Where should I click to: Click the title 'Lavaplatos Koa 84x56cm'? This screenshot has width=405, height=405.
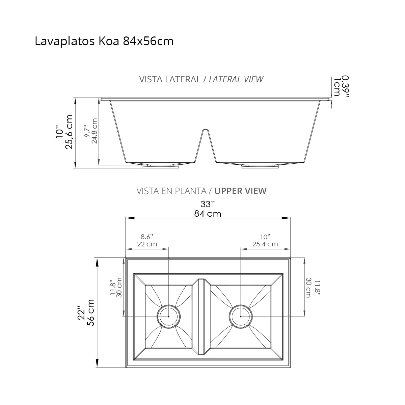point(104,41)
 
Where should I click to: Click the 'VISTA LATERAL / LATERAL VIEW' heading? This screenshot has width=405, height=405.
point(201,79)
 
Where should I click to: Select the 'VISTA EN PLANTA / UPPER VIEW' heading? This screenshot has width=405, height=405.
point(201,191)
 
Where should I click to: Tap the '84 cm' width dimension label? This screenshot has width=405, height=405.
point(208,214)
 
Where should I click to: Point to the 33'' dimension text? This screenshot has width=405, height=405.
point(208,204)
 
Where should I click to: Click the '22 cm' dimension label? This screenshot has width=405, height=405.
point(147,244)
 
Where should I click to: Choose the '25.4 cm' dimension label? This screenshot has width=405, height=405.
point(265,244)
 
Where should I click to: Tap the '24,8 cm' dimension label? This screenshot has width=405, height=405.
point(94,131)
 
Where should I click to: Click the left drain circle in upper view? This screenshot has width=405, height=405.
point(168,317)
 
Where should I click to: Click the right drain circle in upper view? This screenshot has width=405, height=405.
point(240,317)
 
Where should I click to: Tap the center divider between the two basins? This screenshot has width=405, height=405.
point(201,317)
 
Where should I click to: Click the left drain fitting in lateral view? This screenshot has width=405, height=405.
point(160,165)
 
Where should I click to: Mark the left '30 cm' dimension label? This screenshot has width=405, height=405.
point(118,287)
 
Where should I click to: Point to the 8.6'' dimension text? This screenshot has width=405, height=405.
point(147,236)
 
